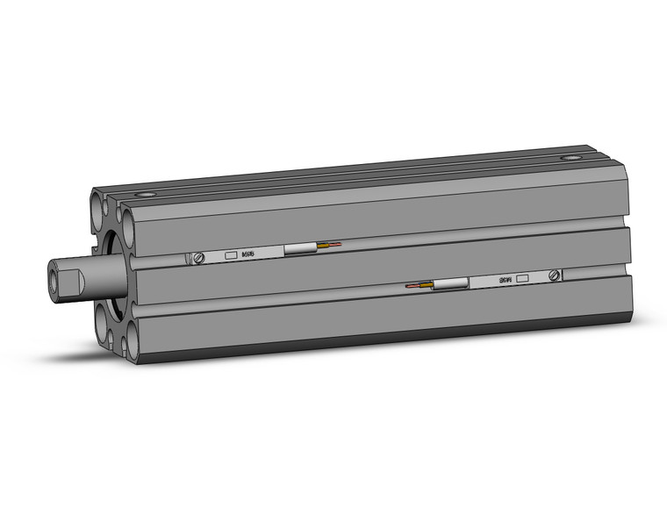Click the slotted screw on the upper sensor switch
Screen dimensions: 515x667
click(199, 257)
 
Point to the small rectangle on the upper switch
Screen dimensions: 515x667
click(231, 255)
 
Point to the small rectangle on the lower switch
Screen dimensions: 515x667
click(523, 278)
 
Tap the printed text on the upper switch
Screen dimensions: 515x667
click(248, 254)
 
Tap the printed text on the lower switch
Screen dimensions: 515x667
click(506, 280)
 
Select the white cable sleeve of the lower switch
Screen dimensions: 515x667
click(450, 284)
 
